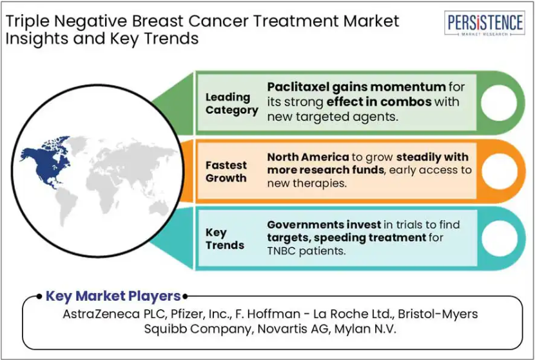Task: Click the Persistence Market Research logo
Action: click(485, 23)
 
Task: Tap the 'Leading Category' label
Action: click(231, 104)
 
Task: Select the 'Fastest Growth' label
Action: click(226, 171)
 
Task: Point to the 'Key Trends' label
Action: click(225, 239)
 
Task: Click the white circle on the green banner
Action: click(499, 102)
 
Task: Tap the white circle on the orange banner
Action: click(499, 171)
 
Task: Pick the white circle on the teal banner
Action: click(499, 238)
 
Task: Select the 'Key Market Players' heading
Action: click(113, 296)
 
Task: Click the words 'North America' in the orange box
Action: click(307, 157)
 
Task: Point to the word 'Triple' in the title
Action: click(27, 21)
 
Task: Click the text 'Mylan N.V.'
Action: click(365, 329)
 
